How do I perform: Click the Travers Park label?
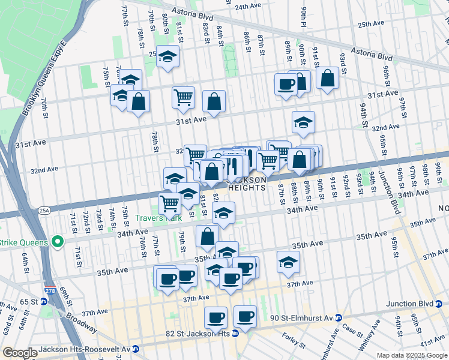click(158, 218)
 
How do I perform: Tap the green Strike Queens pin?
click(58, 242)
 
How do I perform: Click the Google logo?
click(19, 353)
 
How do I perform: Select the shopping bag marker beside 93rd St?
click(327, 78)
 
